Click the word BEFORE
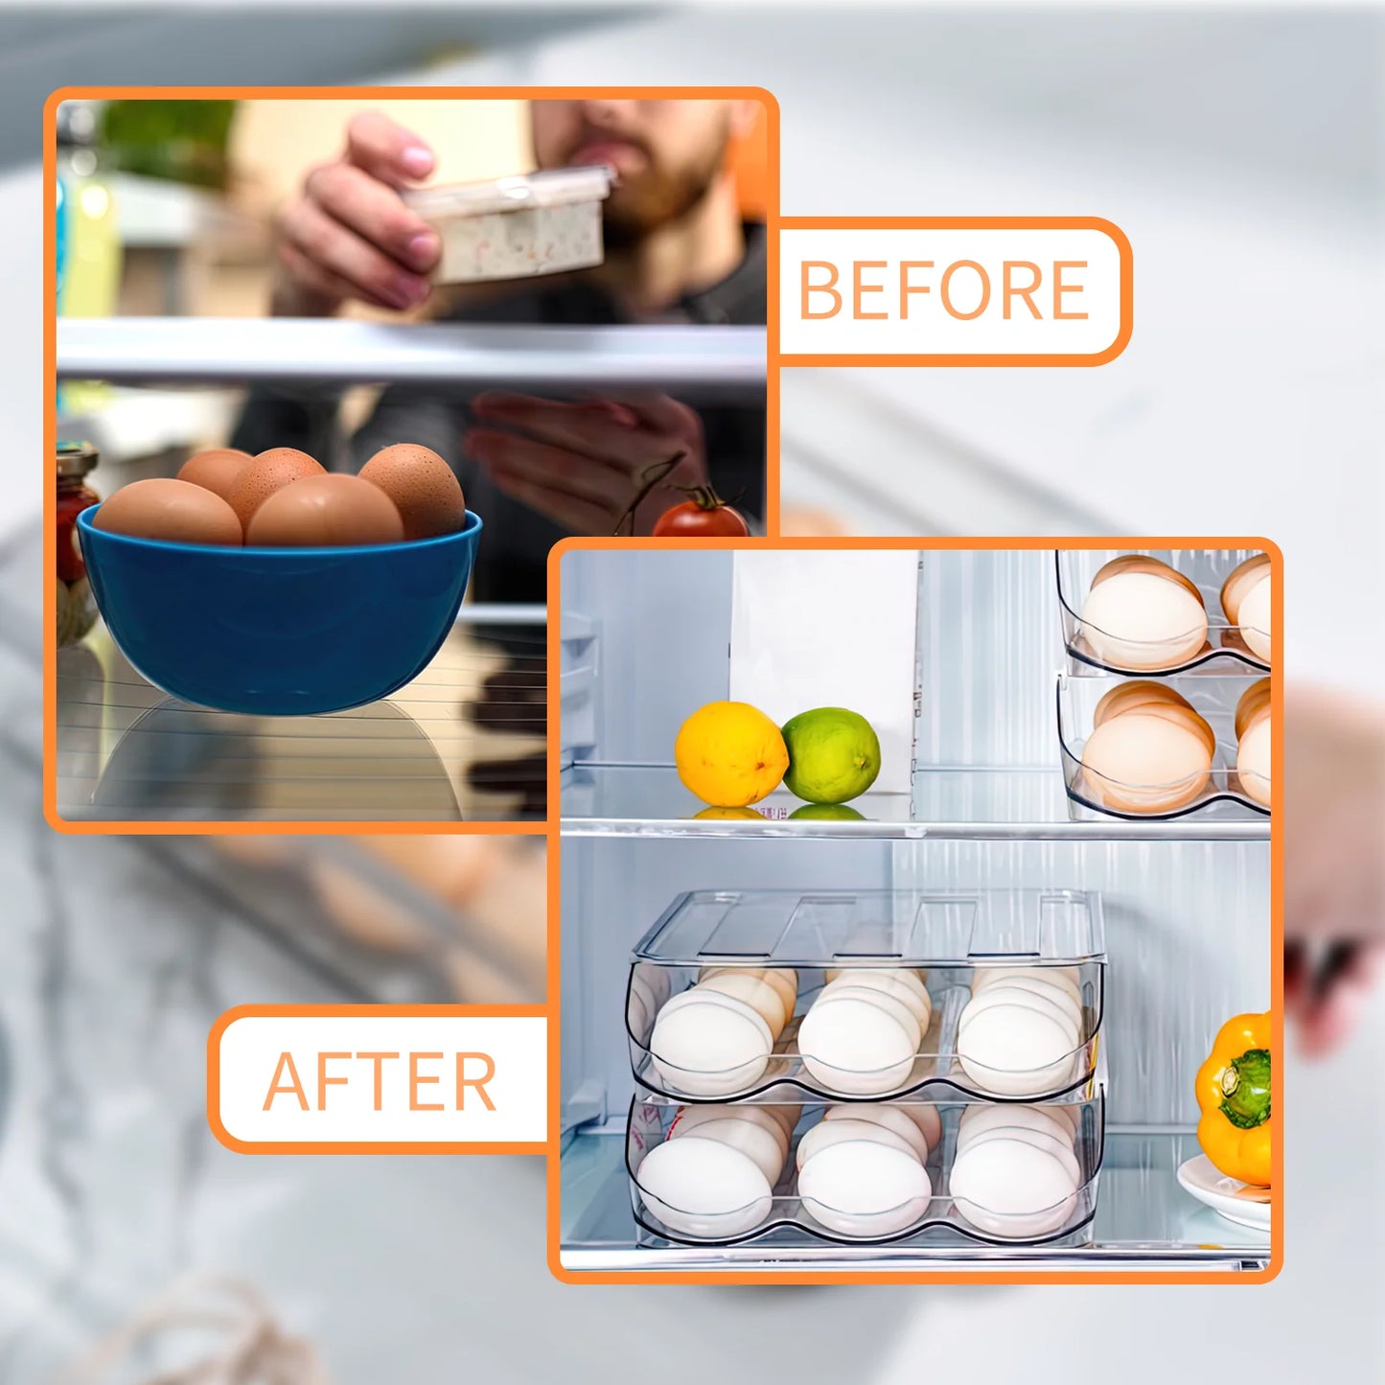(x=943, y=290)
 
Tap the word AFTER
(x=380, y=1081)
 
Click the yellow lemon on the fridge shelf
(x=730, y=752)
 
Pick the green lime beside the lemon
(x=831, y=754)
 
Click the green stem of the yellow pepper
(x=1248, y=1087)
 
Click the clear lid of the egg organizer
(x=867, y=924)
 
